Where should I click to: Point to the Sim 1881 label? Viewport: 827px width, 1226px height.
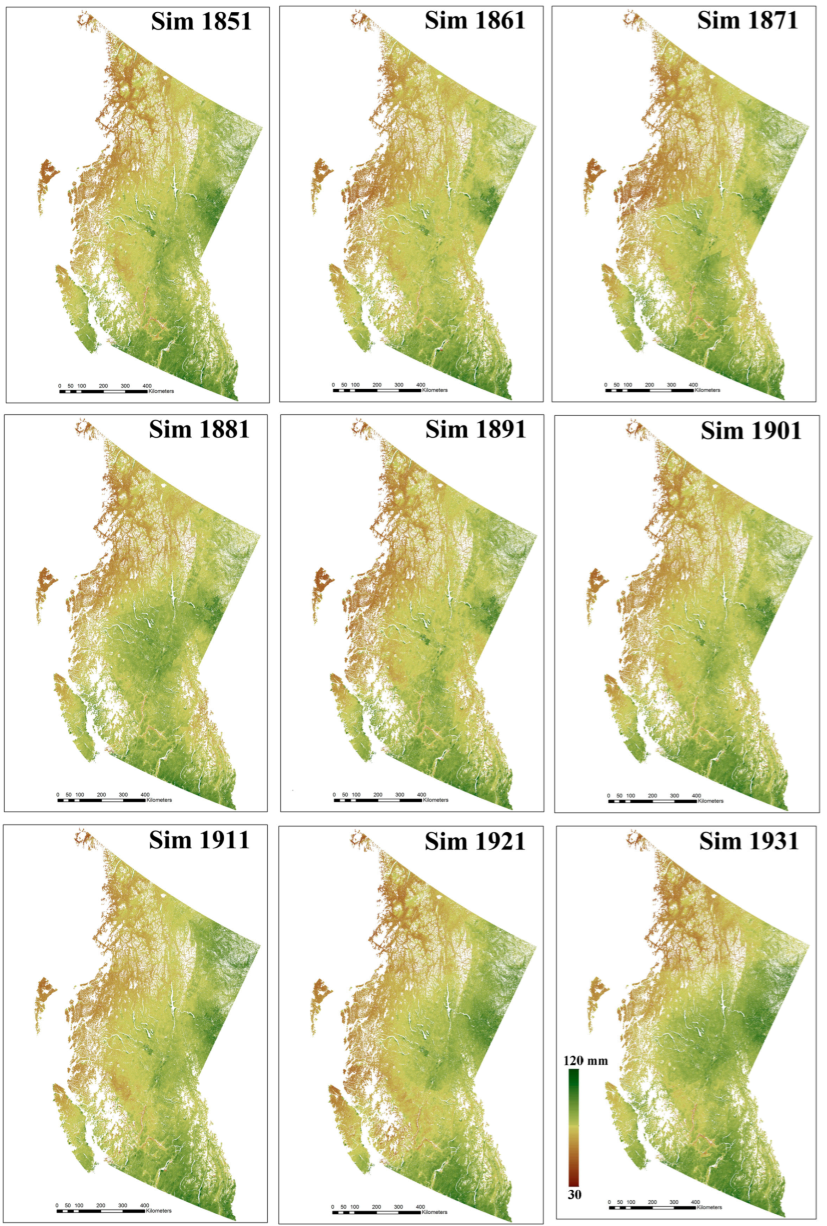(x=199, y=429)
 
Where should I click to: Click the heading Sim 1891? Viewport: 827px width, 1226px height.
(x=475, y=429)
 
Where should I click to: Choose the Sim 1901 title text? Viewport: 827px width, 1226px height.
(x=750, y=431)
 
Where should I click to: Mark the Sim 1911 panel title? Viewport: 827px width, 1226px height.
(x=199, y=840)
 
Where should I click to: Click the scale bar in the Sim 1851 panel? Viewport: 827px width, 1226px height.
(x=103, y=391)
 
